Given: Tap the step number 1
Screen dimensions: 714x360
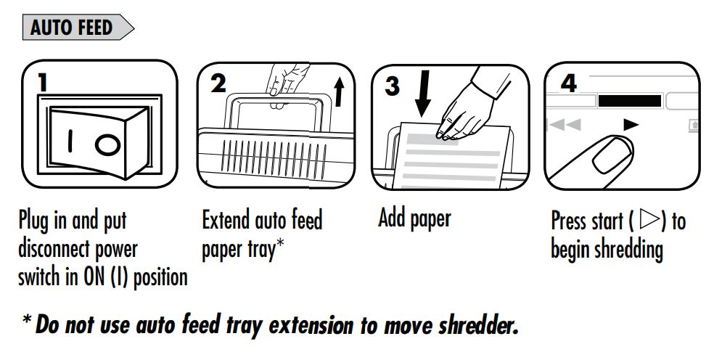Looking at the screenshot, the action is tap(43, 83).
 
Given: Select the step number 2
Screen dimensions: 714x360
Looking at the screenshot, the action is tap(218, 83).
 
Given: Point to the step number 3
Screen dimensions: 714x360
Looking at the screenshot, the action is tap(392, 86).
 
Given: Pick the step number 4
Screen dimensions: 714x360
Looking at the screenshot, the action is tap(569, 83).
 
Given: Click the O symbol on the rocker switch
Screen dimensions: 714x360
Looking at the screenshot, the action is tap(108, 145).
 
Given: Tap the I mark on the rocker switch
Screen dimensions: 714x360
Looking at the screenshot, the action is tap(70, 141).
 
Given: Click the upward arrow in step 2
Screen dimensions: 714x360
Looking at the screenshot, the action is tap(338, 91).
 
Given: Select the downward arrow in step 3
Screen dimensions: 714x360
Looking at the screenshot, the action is tap(423, 94).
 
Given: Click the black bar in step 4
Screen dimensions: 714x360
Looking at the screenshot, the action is tap(629, 101).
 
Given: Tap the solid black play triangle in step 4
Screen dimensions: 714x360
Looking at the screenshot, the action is tap(631, 124).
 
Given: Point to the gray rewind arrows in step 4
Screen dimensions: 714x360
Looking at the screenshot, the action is tap(565, 124).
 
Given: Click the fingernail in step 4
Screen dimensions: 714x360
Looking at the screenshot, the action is tap(614, 155).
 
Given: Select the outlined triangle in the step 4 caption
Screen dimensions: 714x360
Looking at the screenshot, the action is tap(650, 219).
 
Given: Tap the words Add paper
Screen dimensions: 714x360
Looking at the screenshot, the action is tap(414, 219).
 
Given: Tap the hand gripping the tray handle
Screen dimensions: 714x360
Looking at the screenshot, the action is tap(286, 81).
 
